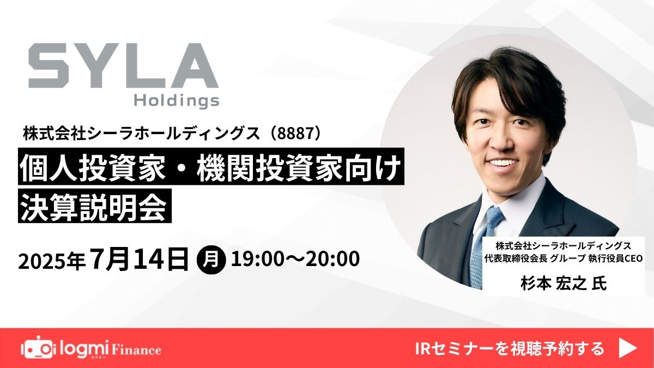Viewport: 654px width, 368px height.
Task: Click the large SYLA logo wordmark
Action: point(124,66)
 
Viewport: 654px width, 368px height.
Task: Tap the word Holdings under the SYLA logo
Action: point(177,100)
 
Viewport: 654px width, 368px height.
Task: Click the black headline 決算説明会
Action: point(95,206)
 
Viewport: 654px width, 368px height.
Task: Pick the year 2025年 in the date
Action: point(52,261)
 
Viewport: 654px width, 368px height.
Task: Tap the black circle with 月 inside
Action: point(211,260)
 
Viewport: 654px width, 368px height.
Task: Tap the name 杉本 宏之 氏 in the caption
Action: point(564,283)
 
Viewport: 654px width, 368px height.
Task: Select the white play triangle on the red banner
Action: point(628,348)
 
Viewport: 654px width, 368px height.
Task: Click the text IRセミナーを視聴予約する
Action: point(510,348)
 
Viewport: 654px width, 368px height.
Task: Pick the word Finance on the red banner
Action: point(136,350)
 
